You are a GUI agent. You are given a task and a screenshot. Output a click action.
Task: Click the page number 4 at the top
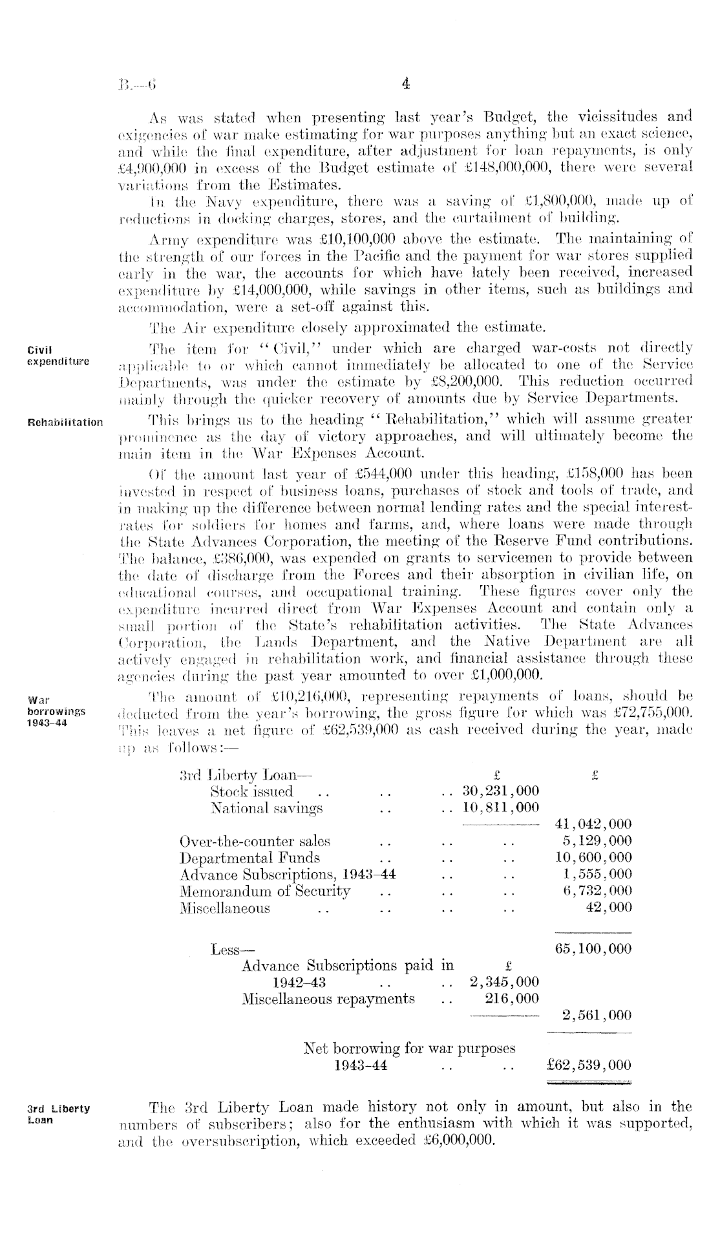pyautogui.click(x=406, y=83)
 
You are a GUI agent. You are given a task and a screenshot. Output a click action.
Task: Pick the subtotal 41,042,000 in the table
pyautogui.click(x=593, y=824)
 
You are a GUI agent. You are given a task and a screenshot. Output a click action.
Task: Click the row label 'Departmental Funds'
pyautogui.click(x=249, y=858)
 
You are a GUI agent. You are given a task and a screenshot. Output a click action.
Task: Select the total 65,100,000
pyautogui.click(x=593, y=949)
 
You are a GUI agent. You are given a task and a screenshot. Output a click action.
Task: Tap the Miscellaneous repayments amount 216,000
pyautogui.click(x=511, y=999)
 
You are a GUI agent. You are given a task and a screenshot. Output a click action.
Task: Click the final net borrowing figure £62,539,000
pyautogui.click(x=588, y=1065)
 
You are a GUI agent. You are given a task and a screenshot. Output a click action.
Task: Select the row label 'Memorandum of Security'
pyautogui.click(x=264, y=891)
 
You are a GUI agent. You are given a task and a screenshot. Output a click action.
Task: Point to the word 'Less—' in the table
pyautogui.click(x=232, y=950)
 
